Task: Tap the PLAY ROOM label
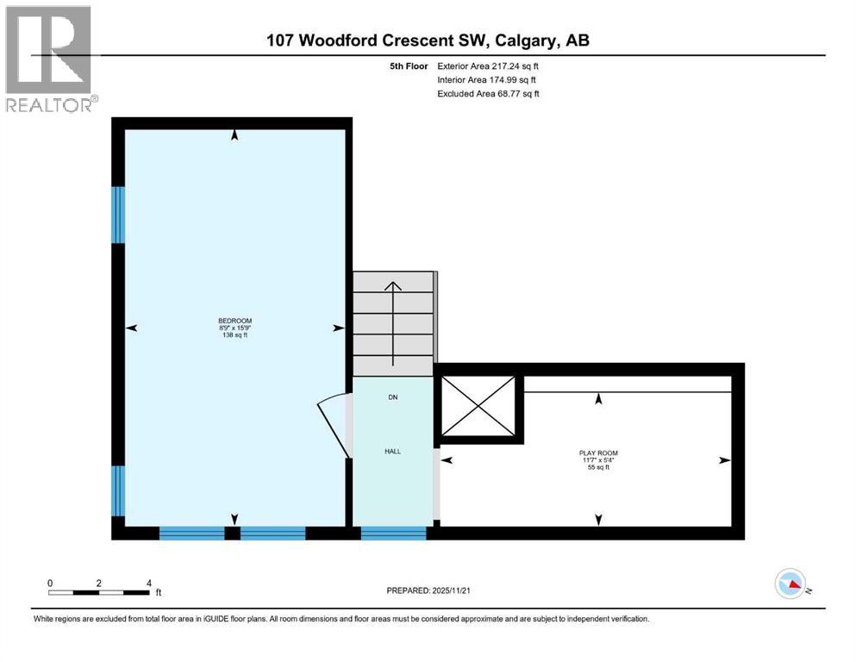(x=598, y=453)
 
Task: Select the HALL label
(x=392, y=451)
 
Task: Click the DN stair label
(x=392, y=397)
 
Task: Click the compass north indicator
(x=790, y=584)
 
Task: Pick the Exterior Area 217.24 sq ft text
(x=489, y=66)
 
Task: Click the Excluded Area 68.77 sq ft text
(x=489, y=93)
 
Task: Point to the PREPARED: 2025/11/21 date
(x=429, y=590)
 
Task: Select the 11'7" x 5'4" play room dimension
(x=598, y=459)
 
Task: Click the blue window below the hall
(x=393, y=534)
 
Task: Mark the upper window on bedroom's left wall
(x=118, y=215)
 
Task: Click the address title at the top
(x=428, y=40)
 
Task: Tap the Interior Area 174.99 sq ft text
(x=488, y=79)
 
